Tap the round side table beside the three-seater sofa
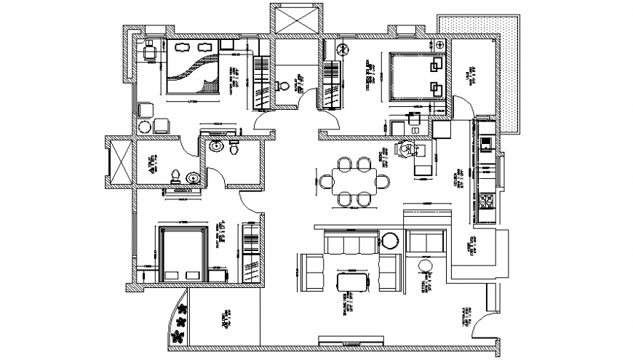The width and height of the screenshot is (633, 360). [390, 240]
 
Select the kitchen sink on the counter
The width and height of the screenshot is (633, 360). [486, 140]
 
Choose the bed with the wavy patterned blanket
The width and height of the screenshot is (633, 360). [192, 67]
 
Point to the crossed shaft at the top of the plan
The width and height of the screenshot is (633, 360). [295, 19]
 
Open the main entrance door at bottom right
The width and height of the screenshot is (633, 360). [482, 325]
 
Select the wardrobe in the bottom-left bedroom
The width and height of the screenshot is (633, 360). [249, 255]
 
